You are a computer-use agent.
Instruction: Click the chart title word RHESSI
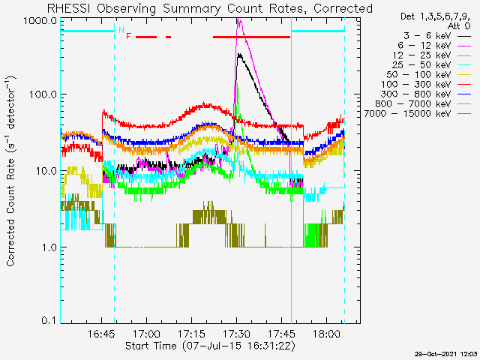tap(68, 8)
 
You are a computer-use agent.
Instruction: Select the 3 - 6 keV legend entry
tap(437, 36)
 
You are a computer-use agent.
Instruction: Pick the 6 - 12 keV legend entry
tap(434, 46)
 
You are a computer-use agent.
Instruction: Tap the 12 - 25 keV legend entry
tap(432, 55)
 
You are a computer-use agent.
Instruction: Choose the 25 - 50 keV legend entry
tap(432, 65)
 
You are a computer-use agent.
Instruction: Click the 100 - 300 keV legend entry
tap(426, 85)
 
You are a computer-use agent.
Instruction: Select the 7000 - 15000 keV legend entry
tap(417, 114)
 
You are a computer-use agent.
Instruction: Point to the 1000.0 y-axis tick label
tap(40, 21)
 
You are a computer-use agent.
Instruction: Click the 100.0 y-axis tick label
tap(43, 94)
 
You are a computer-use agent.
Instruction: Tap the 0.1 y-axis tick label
tap(49, 320)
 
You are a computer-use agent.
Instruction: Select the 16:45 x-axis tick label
tap(102, 334)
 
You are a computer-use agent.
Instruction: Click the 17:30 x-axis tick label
tap(236, 334)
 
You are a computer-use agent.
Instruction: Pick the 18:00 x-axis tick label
tap(326, 334)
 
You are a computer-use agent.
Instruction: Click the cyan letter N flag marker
tap(121, 30)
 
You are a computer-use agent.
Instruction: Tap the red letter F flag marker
tap(128, 37)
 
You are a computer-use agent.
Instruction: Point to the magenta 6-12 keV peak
tap(239, 21)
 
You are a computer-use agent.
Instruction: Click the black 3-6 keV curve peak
tap(239, 55)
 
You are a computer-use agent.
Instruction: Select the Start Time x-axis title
tap(211, 346)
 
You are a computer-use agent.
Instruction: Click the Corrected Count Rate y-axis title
tap(10, 171)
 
